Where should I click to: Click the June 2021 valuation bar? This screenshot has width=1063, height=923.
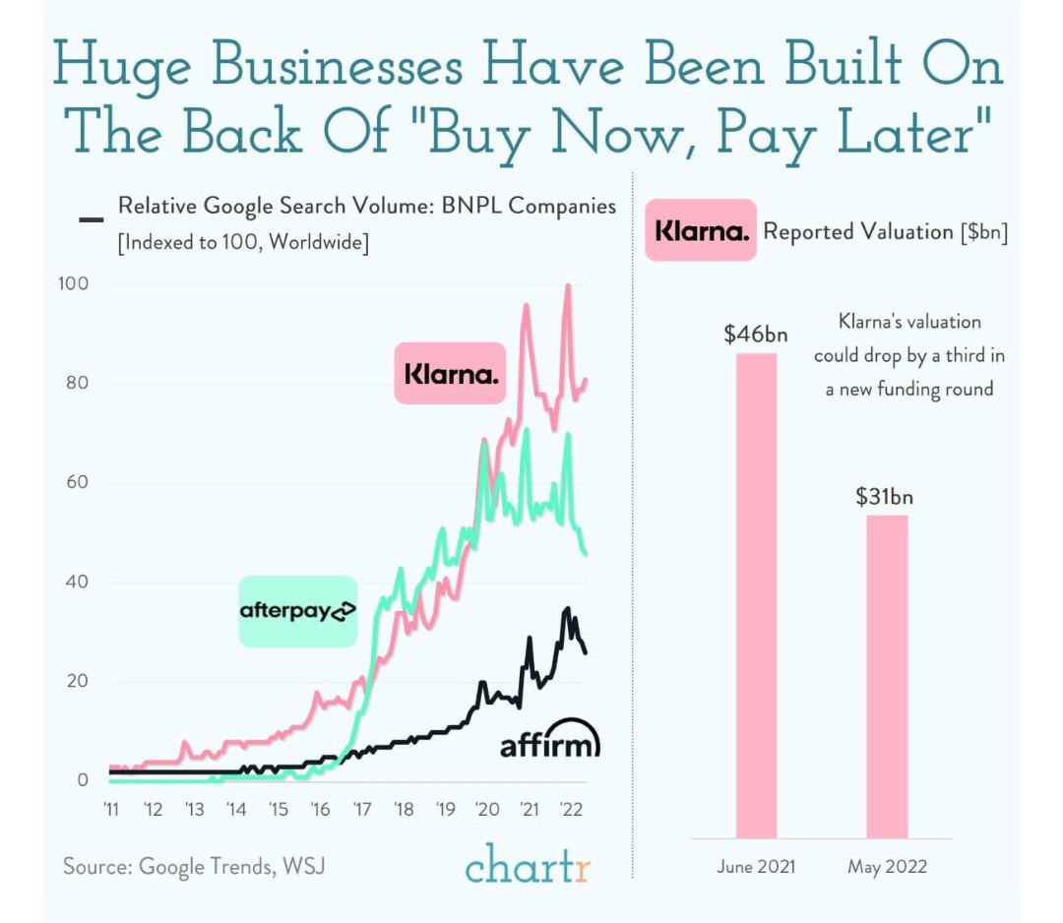[756, 595]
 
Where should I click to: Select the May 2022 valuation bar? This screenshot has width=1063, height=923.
[887, 676]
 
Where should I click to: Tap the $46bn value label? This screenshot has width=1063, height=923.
[756, 334]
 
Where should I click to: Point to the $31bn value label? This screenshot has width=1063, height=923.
[884, 496]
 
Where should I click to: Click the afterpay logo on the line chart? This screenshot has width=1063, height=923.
[297, 611]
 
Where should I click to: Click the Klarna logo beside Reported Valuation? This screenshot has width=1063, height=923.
[701, 231]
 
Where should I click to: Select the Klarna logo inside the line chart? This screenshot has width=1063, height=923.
[450, 374]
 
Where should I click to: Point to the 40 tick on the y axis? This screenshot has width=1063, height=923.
[78, 582]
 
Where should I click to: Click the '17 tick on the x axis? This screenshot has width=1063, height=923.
[361, 810]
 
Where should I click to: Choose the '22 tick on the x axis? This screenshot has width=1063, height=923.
[571, 810]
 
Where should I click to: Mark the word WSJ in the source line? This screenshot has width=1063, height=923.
[304, 867]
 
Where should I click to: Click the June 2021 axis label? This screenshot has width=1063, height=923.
[756, 867]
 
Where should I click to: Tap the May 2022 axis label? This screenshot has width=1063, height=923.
[887, 867]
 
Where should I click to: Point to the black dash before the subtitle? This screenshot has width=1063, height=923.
[91, 218]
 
